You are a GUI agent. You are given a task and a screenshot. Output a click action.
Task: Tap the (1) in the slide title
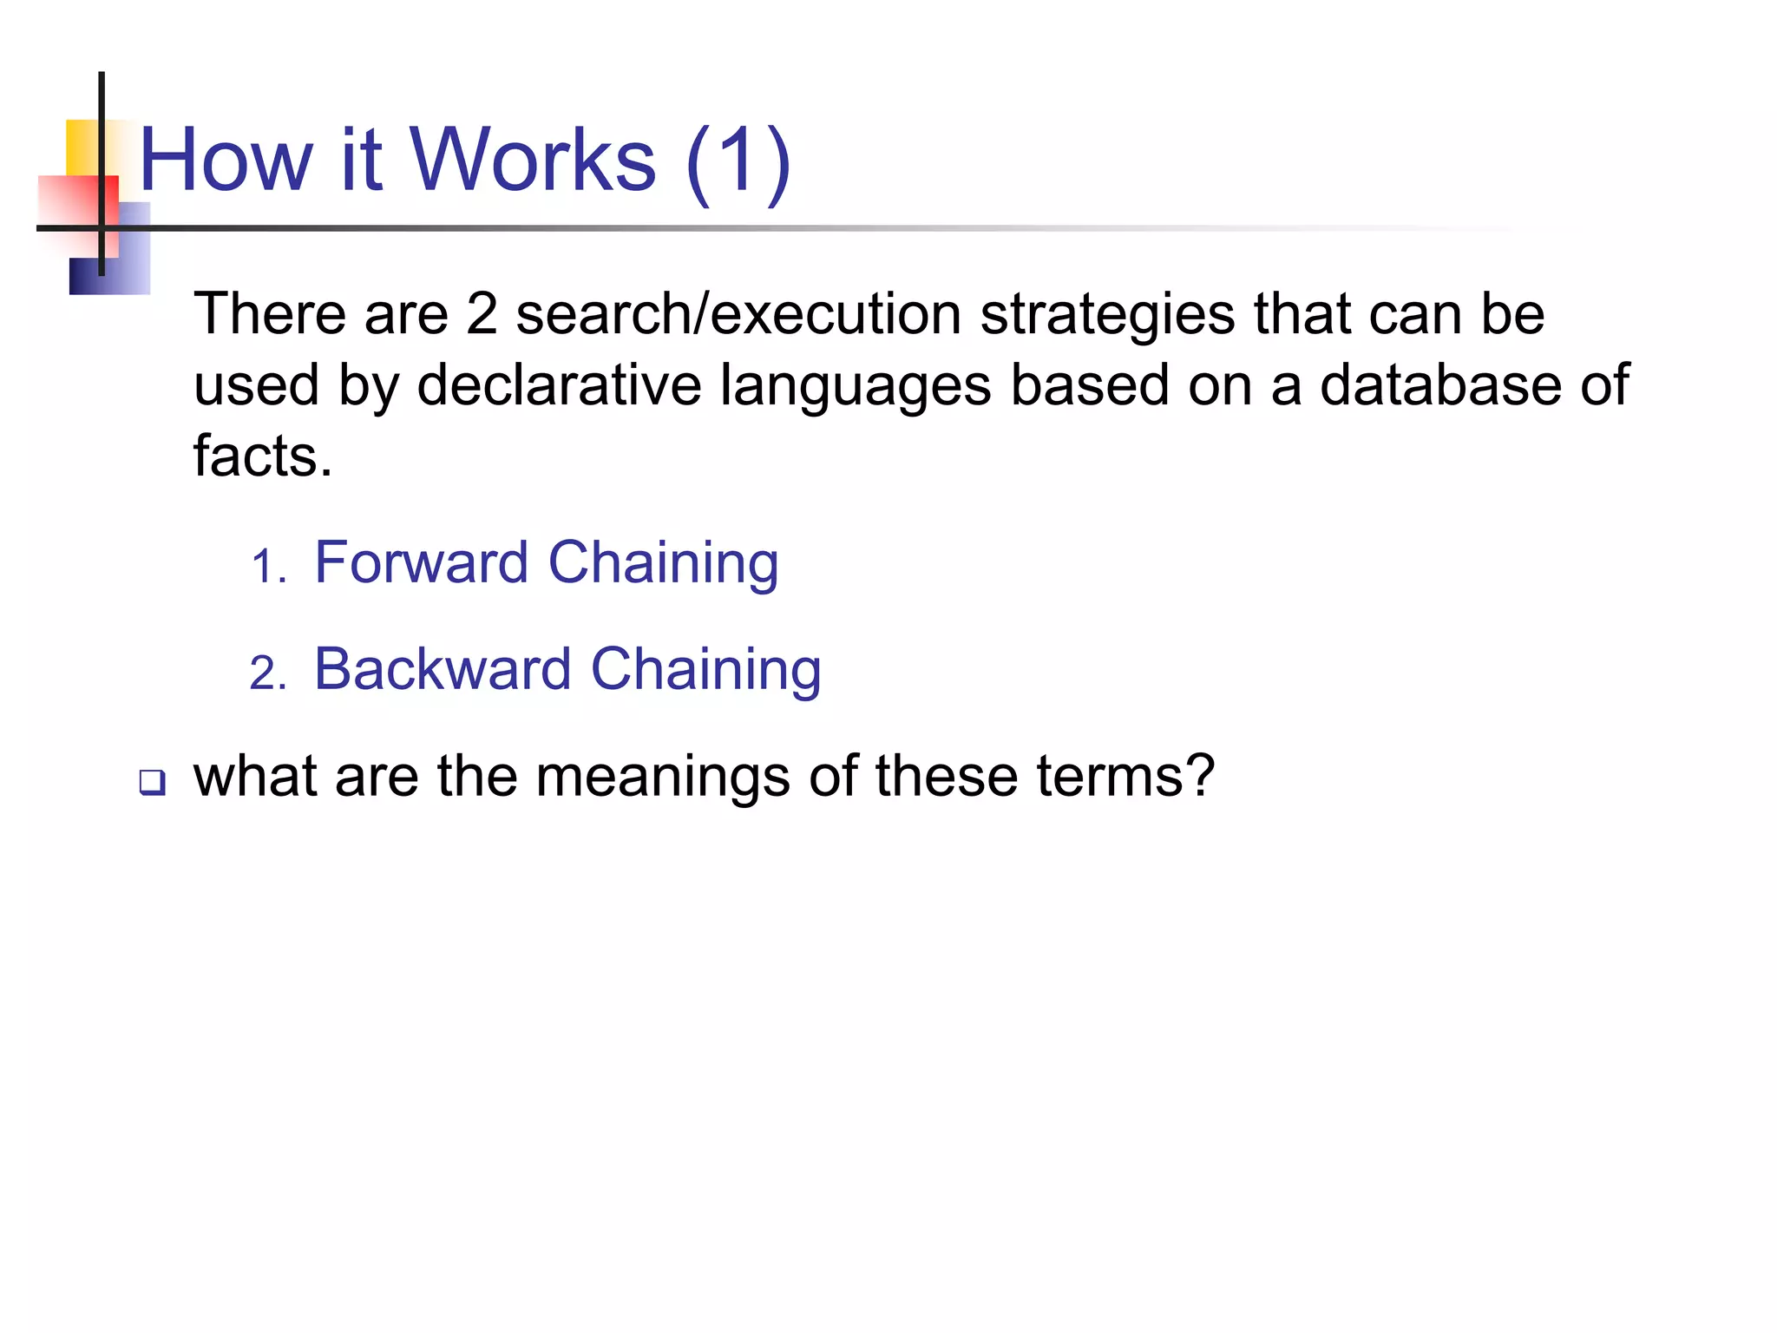tap(738, 161)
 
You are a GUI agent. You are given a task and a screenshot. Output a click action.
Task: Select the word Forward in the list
tap(421, 562)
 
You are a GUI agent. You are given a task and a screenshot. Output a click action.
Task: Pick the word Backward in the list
tap(442, 669)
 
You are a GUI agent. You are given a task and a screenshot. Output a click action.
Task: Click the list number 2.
tap(266, 674)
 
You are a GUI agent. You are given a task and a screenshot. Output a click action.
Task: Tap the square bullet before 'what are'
tap(152, 782)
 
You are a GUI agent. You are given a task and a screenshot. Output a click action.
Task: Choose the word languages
tap(856, 386)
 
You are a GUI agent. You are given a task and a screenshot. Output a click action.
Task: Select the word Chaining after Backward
tap(705, 669)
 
